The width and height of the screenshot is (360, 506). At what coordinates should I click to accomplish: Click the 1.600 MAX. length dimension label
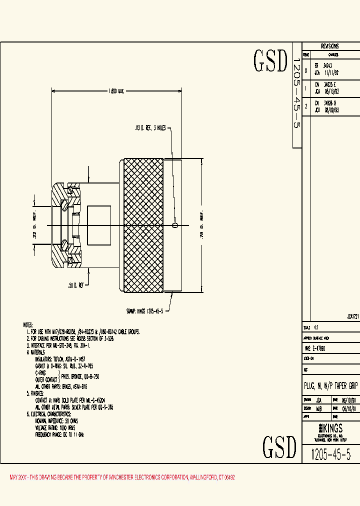coord(116,91)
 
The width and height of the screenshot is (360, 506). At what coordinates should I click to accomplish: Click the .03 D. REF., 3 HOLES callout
coord(150,128)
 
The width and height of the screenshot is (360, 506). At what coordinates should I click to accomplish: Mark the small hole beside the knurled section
coord(174,225)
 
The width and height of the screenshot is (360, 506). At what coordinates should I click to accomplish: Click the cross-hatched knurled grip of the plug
coord(143,225)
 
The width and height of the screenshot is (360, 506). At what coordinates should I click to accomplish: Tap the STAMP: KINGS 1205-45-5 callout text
coord(145,310)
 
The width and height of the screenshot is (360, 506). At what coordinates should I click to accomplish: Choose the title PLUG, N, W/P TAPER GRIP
coord(331,386)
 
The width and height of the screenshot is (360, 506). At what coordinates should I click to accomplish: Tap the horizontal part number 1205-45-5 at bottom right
coord(331,454)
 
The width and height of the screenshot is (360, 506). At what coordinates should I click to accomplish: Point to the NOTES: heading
coord(31,324)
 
